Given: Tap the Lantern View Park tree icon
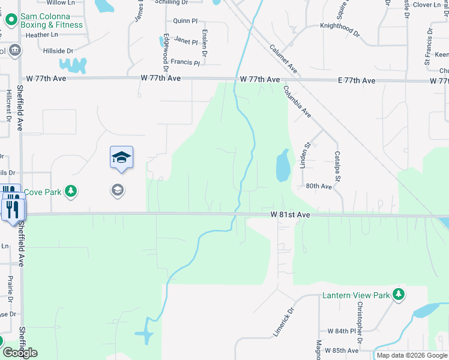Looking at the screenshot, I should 397,294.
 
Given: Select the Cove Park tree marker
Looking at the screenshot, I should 71,191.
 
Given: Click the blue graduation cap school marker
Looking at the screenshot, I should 121,157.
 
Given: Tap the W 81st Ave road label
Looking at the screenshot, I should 290,214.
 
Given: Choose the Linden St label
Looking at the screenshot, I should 304,154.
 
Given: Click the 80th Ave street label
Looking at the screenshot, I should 319,187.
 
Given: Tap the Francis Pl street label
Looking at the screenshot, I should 185,62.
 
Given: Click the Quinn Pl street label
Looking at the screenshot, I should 185,20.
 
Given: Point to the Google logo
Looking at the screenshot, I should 20,353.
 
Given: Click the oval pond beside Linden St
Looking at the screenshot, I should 282,166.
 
